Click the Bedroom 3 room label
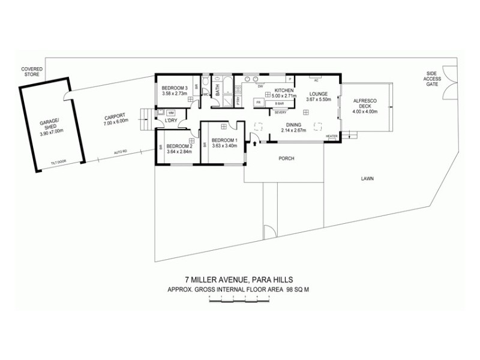pyautogui.click(x=175, y=88)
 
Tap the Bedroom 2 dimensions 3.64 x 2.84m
pyautogui.click(x=178, y=152)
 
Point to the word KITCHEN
pyautogui.click(x=283, y=90)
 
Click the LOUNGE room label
pyautogui.click(x=317, y=94)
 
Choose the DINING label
pyautogui.click(x=294, y=124)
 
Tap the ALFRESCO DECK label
pyautogui.click(x=364, y=103)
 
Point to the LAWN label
pyautogui.click(x=368, y=178)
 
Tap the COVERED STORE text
pyautogui.click(x=31, y=71)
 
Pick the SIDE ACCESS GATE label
pyautogui.click(x=432, y=79)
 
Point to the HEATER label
pyautogui.click(x=331, y=136)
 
